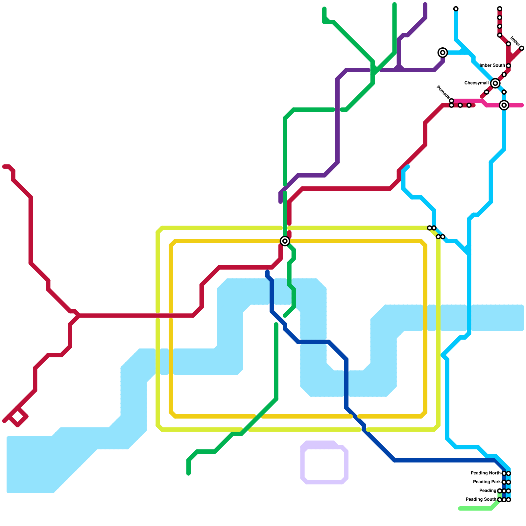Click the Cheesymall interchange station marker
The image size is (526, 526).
click(495, 84)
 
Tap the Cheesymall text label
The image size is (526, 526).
click(476, 83)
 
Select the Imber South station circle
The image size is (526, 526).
click(509, 66)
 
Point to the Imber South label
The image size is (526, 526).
click(492, 65)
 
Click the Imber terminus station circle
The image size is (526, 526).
click(522, 48)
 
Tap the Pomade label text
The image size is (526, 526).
click(442, 92)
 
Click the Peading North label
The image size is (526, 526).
click(486, 473)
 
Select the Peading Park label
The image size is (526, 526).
click(487, 482)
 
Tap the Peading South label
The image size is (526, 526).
click(481, 500)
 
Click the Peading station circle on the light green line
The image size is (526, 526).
click(500, 491)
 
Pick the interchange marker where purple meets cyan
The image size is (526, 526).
click(443, 53)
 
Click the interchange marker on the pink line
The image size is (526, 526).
click(504, 105)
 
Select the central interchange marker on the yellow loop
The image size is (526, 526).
click(285, 241)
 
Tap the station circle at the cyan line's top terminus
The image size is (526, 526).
click(456, 9)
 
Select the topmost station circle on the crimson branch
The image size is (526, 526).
click(500, 9)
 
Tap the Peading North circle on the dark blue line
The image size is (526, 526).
click(504, 473)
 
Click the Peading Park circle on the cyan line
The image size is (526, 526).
click(509, 482)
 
